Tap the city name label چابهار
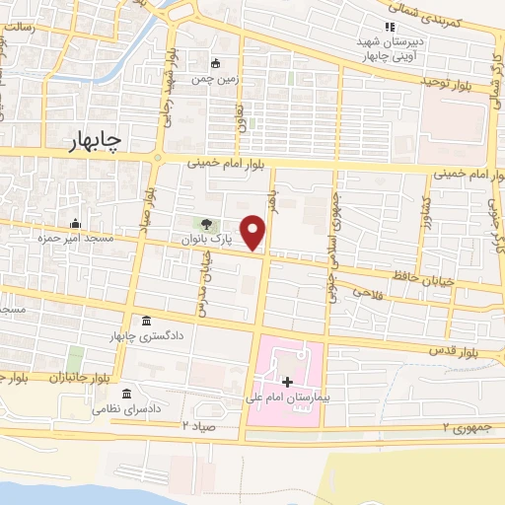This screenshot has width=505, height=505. pos(96,143)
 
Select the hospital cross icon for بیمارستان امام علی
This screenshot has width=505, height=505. pos(287,381)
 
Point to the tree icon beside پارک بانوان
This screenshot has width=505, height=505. pos(208,224)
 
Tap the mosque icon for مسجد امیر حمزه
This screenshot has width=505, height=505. pos(75,224)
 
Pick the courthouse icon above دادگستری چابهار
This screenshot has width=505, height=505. pos(147,322)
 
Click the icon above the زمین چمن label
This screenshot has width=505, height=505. pos(216,63)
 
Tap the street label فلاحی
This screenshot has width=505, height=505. pos(364,291)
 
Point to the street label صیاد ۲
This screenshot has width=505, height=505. pos(197,424)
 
